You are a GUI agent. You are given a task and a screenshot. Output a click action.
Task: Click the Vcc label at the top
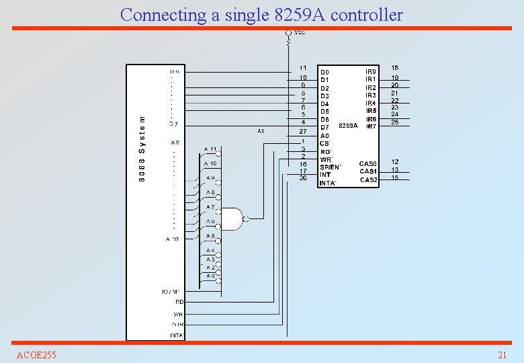coord(300,33)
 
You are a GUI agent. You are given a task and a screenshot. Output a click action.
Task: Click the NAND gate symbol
coord(232,218)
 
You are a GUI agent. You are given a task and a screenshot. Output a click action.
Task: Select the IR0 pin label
coord(370,71)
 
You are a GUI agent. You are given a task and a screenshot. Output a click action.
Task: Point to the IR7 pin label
coord(370,126)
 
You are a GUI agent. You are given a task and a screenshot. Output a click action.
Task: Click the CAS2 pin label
coord(369,179)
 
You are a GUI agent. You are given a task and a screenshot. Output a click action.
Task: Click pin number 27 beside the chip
coord(303,132)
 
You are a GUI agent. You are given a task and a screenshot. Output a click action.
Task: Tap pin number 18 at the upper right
coord(395,68)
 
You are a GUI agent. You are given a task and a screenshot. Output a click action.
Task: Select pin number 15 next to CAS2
coord(395,177)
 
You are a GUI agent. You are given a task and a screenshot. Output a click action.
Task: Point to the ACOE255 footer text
coord(36,355)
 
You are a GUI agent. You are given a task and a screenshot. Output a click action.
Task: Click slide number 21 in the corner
coord(502,355)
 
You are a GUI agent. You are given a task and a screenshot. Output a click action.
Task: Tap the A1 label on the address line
coord(261,130)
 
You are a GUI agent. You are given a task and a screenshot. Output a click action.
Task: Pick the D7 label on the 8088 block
coord(173,124)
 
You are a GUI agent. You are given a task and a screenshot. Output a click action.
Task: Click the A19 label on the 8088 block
coord(173,239)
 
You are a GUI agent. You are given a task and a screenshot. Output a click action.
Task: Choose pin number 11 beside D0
coord(303,68)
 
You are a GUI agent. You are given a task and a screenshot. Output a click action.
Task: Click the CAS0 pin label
coord(369,163)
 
